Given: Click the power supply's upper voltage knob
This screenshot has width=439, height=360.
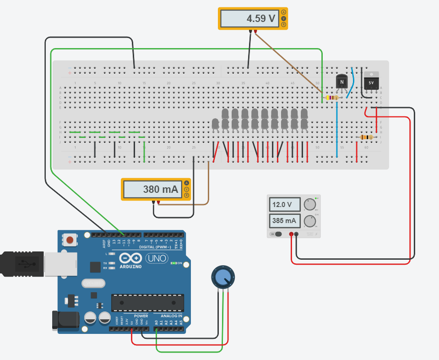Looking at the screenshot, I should click(310, 204).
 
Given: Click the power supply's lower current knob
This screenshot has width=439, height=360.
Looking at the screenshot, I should click(310, 221).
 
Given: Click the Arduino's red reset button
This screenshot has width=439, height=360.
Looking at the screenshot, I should click(70, 240).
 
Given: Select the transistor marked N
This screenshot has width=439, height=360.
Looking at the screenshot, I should click(341, 82).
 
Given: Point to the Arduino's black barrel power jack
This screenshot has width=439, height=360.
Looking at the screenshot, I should click(64, 320).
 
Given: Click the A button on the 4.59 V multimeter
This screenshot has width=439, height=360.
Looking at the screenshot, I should click(283, 12).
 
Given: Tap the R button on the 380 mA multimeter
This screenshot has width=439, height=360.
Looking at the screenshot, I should click(186, 196).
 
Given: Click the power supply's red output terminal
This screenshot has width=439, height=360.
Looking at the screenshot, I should click(292, 234).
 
